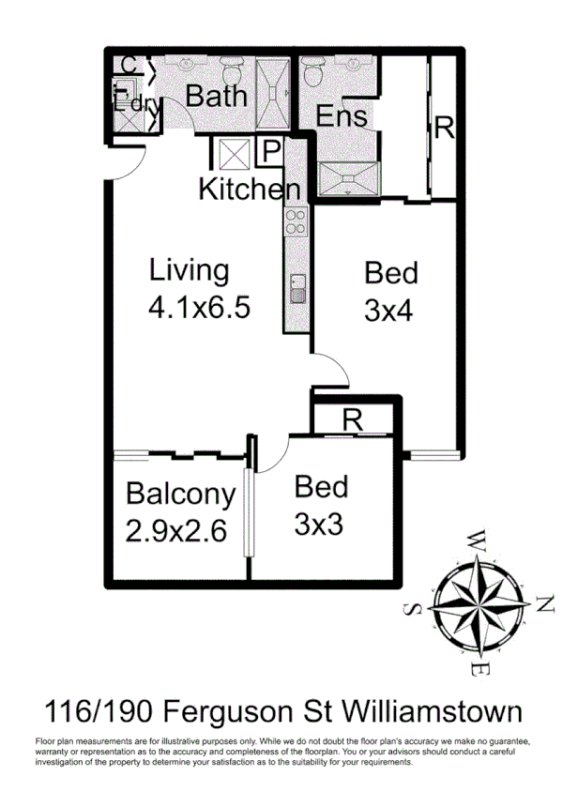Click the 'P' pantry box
tap(269, 151)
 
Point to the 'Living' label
tap(189, 271)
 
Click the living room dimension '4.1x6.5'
tap(199, 307)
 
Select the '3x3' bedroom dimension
tap(318, 523)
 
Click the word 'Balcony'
tap(180, 494)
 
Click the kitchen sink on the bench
tap(297, 287)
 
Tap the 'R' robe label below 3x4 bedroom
tap(352, 420)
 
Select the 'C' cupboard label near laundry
tap(129, 66)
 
